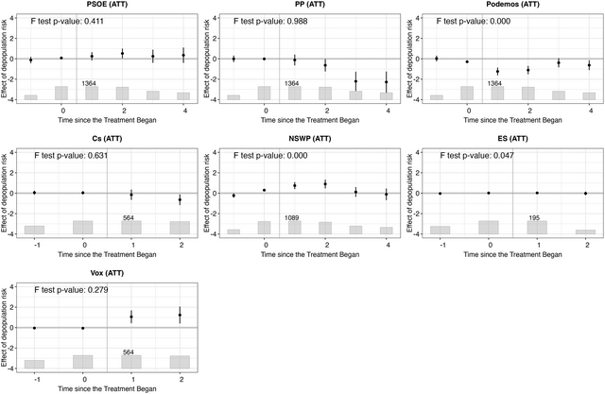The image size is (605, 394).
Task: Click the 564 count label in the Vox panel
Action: tap(130, 352)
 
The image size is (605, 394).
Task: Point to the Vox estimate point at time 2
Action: tap(180, 316)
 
